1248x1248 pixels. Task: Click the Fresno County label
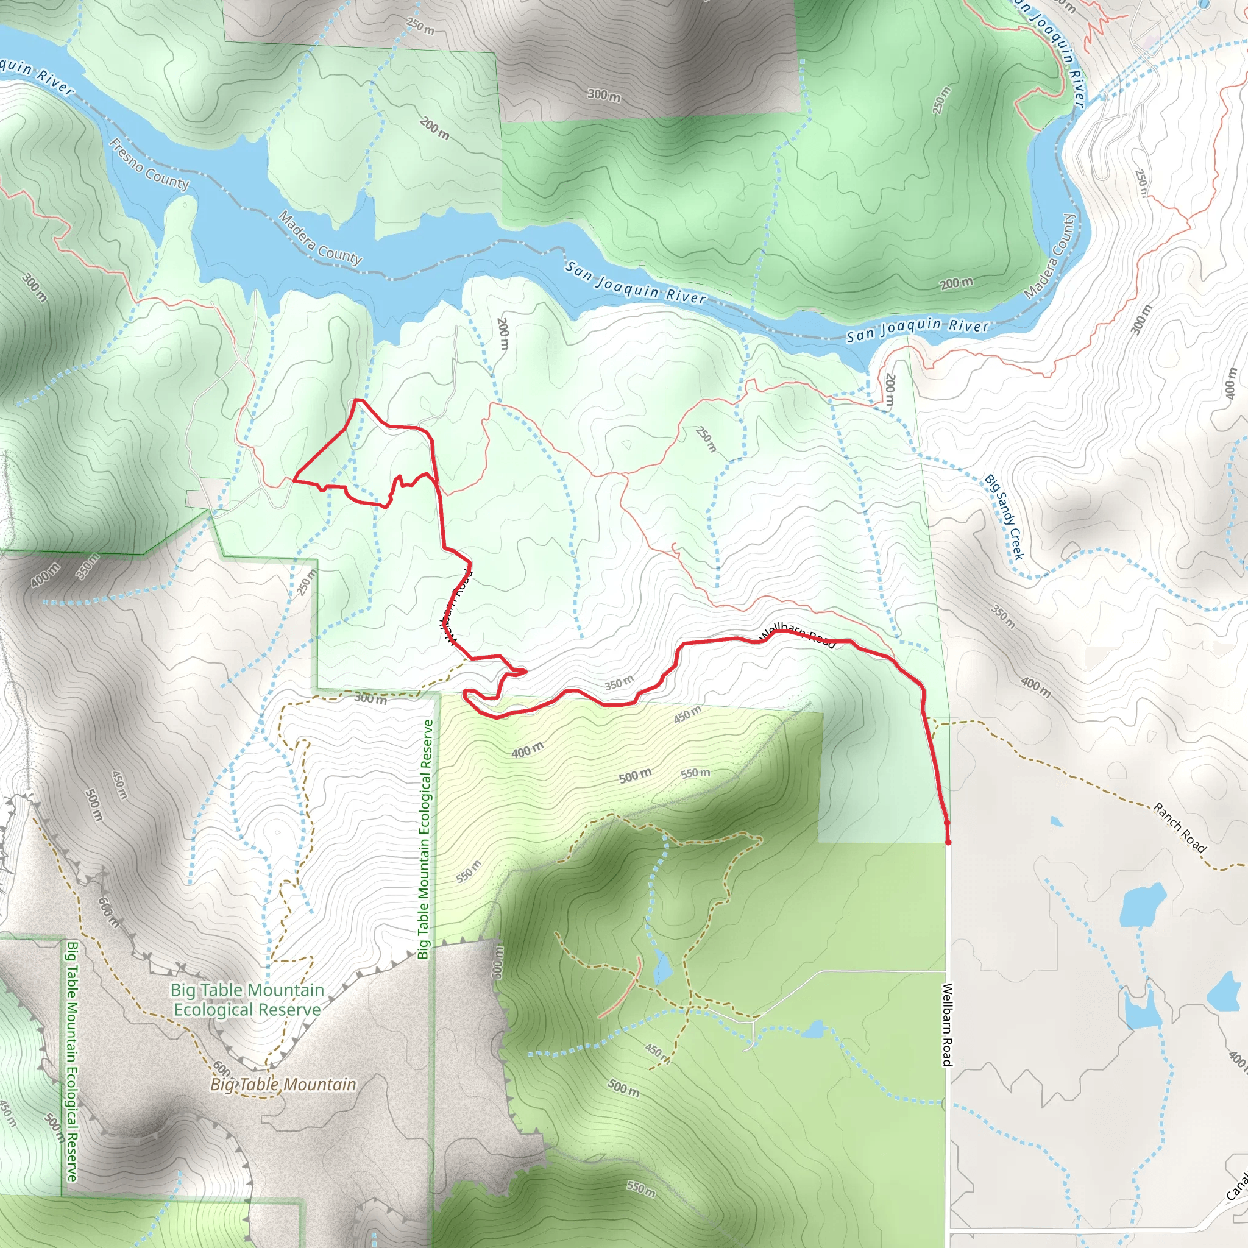(x=149, y=165)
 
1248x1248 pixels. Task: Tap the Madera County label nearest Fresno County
(x=320, y=238)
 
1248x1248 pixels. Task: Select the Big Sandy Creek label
(x=1004, y=517)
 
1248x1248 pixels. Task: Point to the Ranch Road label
(x=1180, y=828)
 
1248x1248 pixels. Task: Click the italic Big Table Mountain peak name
(x=283, y=1085)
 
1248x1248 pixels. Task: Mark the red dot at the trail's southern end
(x=948, y=842)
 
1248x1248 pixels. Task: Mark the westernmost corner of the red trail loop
(x=294, y=480)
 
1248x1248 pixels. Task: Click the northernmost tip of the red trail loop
(x=356, y=400)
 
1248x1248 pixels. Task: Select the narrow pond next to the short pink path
(x=661, y=968)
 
